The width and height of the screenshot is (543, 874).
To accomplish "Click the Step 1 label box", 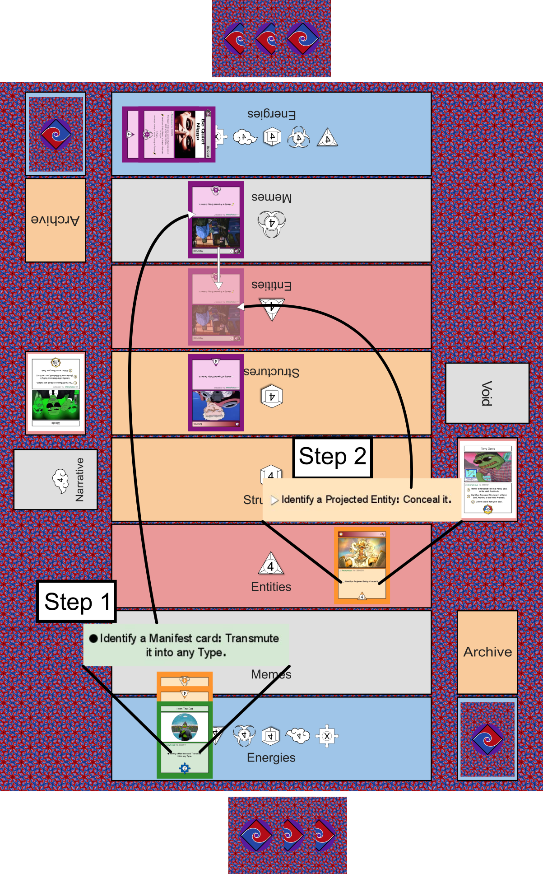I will point(76,602).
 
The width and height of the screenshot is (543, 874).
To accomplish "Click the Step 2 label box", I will point(332,457).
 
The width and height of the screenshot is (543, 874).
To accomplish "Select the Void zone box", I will point(487,393).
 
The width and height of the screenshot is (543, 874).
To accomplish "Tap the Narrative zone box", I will point(56,480).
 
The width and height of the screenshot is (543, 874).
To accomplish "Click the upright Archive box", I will point(487,652).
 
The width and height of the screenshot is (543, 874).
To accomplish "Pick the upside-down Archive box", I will point(55,220).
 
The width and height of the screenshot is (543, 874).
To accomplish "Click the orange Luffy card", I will point(362,566).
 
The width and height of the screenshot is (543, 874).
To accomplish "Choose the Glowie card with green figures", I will point(56,393).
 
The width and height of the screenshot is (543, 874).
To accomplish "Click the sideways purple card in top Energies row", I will point(168,134).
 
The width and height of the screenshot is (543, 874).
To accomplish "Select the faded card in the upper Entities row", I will point(216,307).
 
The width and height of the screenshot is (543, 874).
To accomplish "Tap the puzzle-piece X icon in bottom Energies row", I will point(327,736).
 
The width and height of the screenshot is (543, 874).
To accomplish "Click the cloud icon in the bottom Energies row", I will point(298,736).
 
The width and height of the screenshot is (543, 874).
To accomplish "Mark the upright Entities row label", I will point(271,587).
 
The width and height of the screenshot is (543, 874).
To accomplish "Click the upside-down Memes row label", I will point(271,197).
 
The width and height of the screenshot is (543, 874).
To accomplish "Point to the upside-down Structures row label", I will point(271,372).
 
